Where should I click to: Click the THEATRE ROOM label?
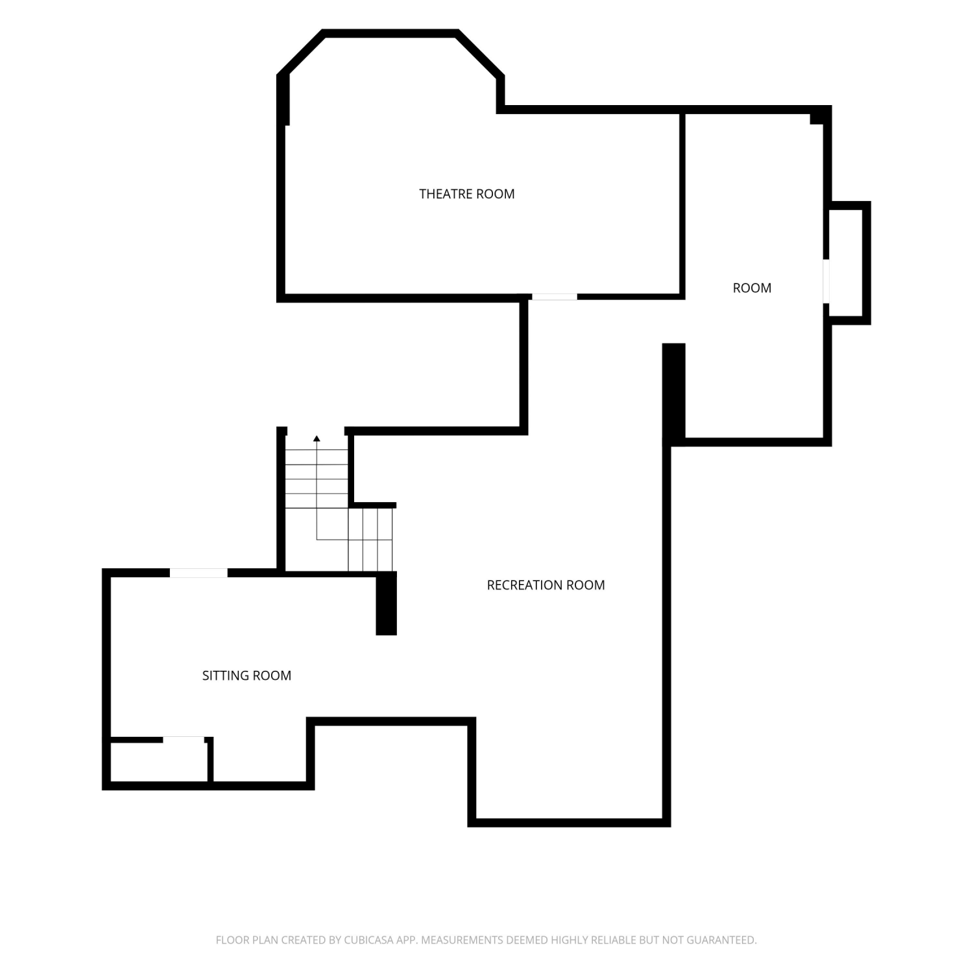coord(467,194)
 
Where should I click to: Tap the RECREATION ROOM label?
coord(546,585)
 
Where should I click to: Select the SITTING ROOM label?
coord(246,675)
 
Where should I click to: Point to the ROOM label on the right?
coord(752,288)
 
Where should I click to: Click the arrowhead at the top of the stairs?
coord(317,439)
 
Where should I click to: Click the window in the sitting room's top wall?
coord(198,573)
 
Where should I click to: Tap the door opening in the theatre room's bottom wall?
coord(555,296)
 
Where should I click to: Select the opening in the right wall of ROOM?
coord(826,282)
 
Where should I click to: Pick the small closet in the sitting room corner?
coord(160,762)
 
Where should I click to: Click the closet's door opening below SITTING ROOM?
coord(184,739)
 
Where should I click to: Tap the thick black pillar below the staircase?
coord(387,603)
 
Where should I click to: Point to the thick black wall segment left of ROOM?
coord(674,394)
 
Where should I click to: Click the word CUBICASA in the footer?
coord(368,940)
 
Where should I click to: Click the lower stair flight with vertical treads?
coord(371,540)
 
